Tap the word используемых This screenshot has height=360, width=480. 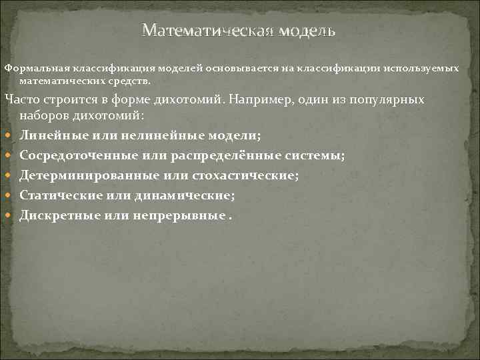click(x=425, y=69)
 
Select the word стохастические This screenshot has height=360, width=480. click(x=244, y=176)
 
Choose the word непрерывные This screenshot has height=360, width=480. click(x=174, y=216)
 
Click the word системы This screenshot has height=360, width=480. click(x=317, y=156)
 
